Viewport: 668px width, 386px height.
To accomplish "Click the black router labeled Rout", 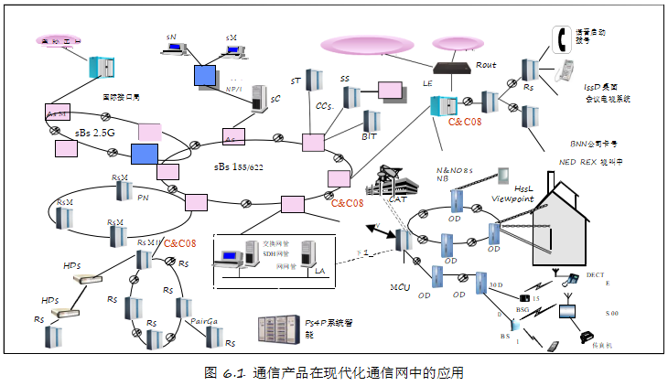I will pos(452,67).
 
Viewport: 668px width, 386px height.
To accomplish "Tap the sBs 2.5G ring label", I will pos(94,132).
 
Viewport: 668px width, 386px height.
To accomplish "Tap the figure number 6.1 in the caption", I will pos(234,372).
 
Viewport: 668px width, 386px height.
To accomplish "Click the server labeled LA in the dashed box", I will pos(309,255).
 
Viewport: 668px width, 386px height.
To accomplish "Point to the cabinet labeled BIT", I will pos(371,122).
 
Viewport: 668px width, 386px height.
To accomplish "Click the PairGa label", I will pos(203,321).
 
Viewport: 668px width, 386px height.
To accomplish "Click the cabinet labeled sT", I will pos(311,81).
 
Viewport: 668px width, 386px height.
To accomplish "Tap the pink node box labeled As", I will pos(232,138).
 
